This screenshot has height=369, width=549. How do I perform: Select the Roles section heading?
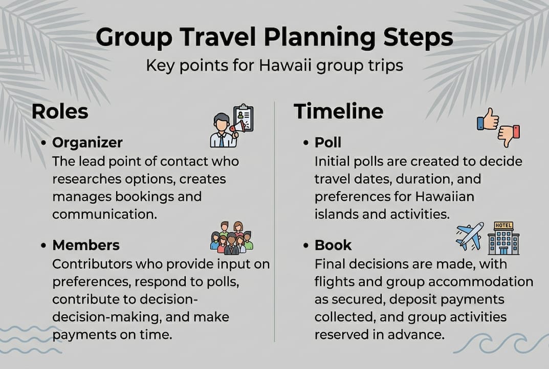point(60,111)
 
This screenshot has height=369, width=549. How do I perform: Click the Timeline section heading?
point(338,111)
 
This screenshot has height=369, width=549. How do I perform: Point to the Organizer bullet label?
point(87,142)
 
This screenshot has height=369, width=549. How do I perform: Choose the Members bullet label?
point(86,245)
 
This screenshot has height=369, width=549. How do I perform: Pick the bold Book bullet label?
point(333,245)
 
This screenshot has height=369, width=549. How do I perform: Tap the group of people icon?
point(232,237)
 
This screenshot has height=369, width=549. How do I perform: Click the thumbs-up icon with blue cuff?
point(487,119)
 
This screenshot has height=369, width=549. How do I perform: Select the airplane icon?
point(469,236)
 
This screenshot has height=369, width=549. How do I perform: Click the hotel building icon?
point(503,238)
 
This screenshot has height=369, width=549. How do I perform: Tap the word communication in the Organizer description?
point(104,214)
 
